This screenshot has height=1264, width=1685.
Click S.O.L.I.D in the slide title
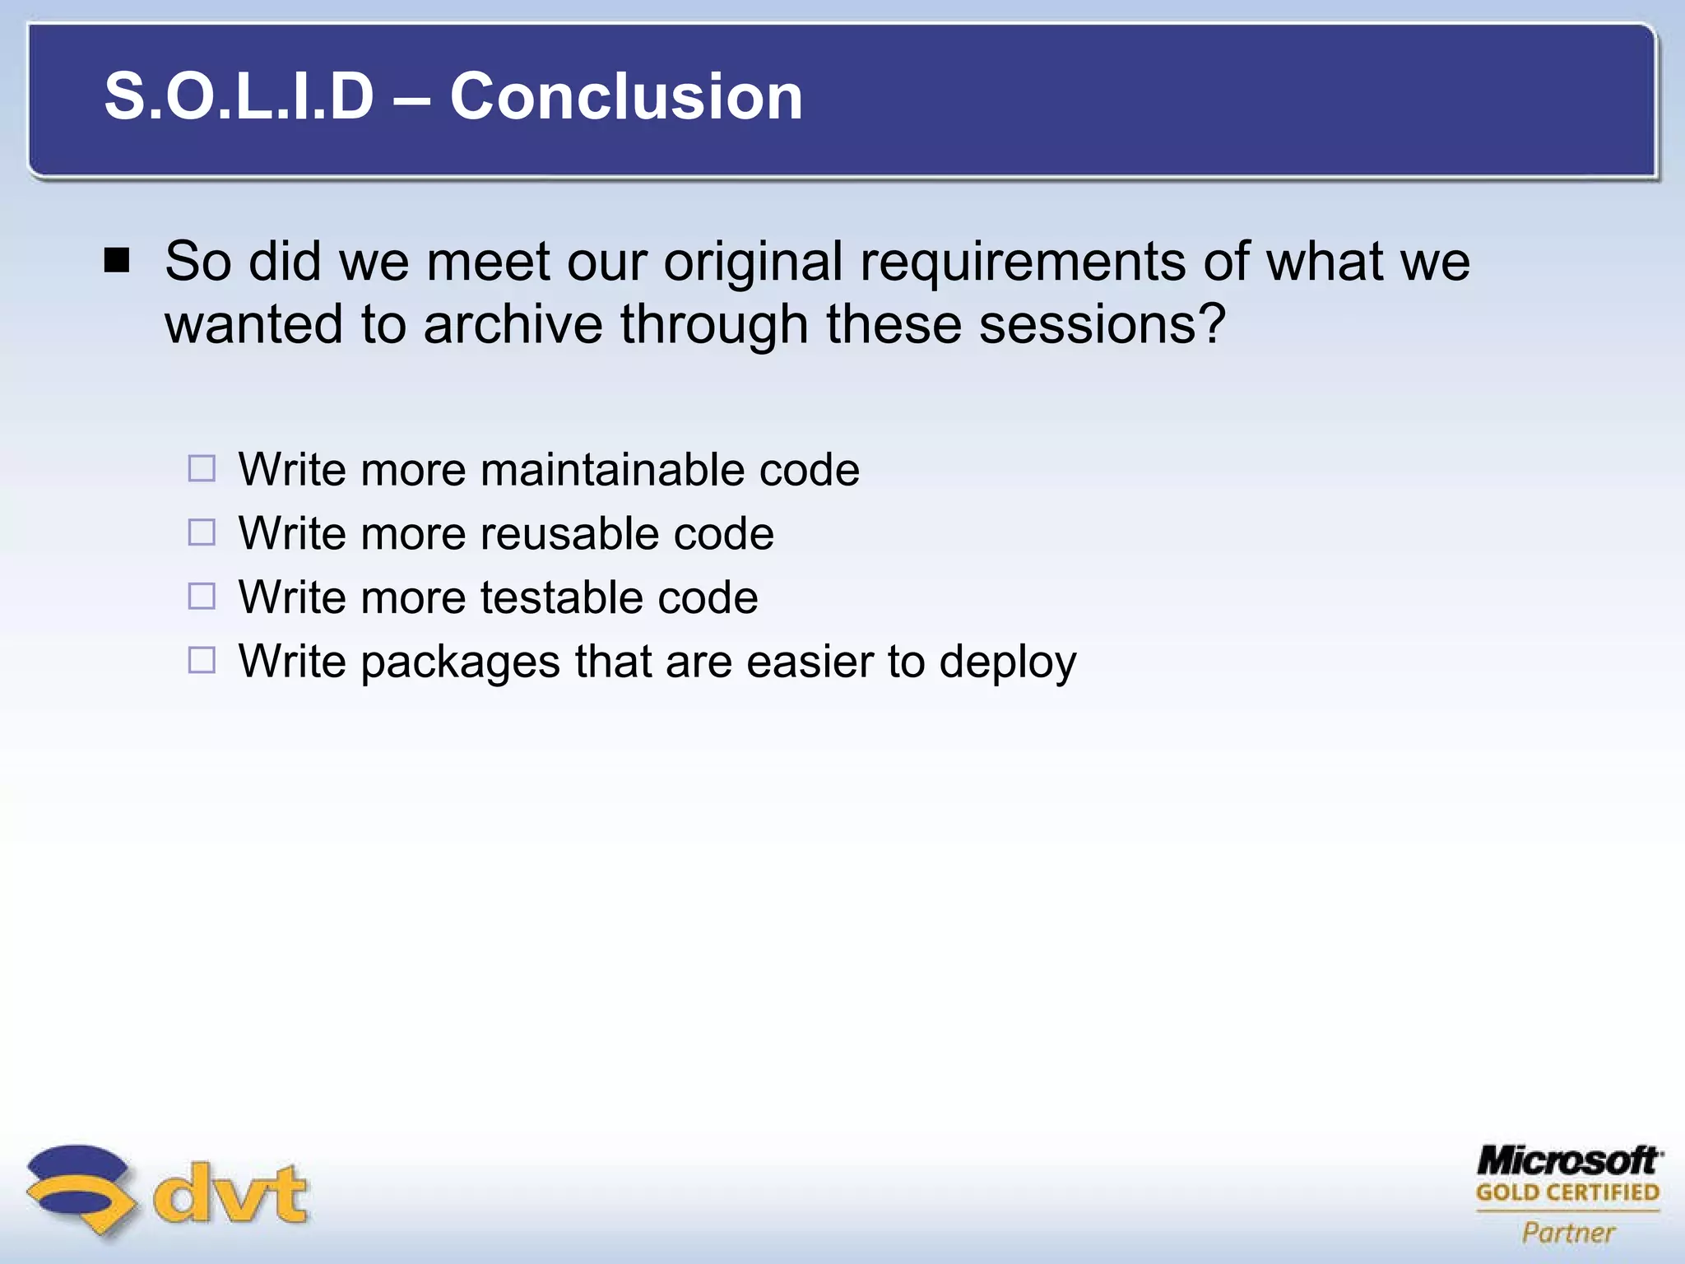pos(239,96)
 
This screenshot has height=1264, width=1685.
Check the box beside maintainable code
pos(202,469)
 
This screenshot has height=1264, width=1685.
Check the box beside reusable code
pos(202,532)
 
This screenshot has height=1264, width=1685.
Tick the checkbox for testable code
pos(202,596)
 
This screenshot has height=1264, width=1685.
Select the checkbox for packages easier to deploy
pos(202,660)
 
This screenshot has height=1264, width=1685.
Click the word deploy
pos(1007,662)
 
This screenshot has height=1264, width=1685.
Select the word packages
pos(460,662)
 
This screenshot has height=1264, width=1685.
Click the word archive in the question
pos(514,324)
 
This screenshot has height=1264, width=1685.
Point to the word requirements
pos(1023,263)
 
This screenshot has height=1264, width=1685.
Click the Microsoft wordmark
pos(1568,1161)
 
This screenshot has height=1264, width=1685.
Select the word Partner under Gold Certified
pos(1568,1233)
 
